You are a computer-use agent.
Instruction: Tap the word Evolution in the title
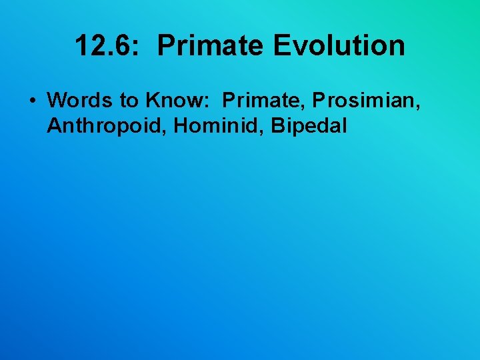click(x=339, y=46)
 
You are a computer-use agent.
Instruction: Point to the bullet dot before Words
click(x=31, y=101)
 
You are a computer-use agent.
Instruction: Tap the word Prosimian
click(x=362, y=101)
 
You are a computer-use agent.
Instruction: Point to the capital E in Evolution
click(x=281, y=46)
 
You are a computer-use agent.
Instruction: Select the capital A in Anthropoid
click(x=54, y=126)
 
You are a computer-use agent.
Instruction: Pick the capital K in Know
click(x=153, y=101)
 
